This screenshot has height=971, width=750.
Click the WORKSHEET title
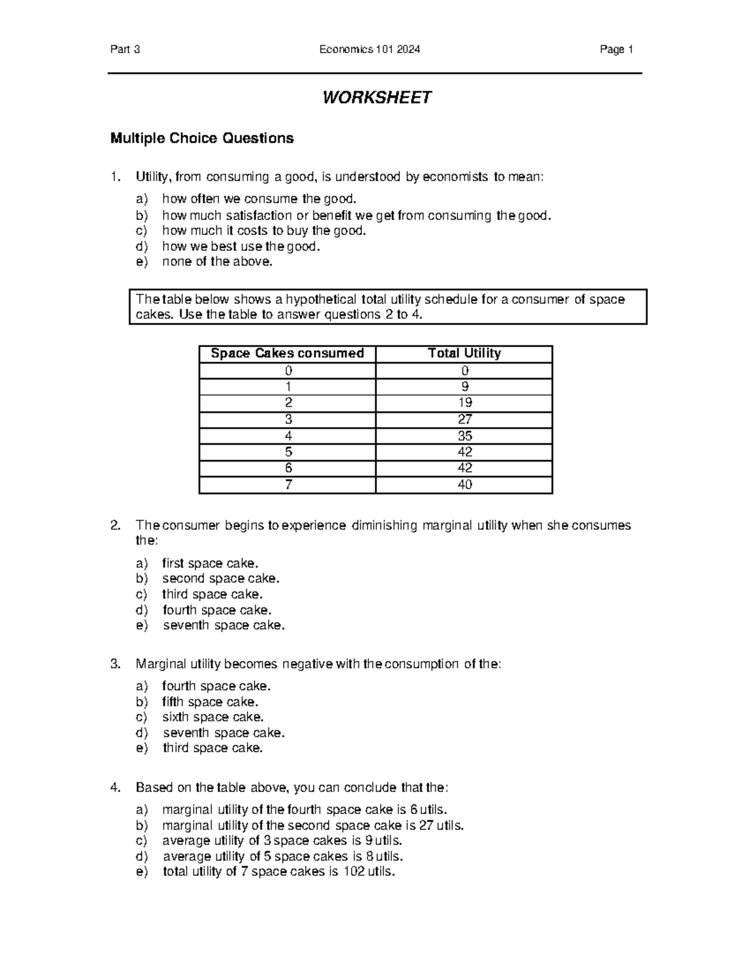pyautogui.click(x=376, y=98)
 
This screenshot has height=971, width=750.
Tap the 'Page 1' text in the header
pyautogui.click(x=616, y=50)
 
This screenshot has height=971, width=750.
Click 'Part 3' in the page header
pyautogui.click(x=125, y=50)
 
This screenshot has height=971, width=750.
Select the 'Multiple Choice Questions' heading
pyautogui.click(x=202, y=138)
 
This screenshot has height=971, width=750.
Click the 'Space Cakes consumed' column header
pyautogui.click(x=287, y=353)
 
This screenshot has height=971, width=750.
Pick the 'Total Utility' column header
pyautogui.click(x=464, y=353)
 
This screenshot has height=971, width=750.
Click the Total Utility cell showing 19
pyautogui.click(x=464, y=403)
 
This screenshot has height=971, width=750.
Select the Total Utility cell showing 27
pyautogui.click(x=464, y=419)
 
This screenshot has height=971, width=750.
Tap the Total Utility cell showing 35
pyautogui.click(x=464, y=436)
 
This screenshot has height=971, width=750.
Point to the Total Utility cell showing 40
pyautogui.click(x=464, y=485)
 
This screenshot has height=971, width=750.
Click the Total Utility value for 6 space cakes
pyautogui.click(x=464, y=468)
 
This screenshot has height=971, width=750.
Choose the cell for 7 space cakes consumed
pyautogui.click(x=287, y=485)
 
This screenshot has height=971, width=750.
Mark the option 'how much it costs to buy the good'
pyautogui.click(x=263, y=231)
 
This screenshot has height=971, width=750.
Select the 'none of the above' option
pyautogui.click(x=217, y=262)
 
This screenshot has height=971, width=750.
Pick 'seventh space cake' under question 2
pyautogui.click(x=224, y=625)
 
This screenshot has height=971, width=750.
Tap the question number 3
pyautogui.click(x=114, y=664)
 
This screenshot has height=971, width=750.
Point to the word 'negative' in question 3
pyautogui.click(x=307, y=664)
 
